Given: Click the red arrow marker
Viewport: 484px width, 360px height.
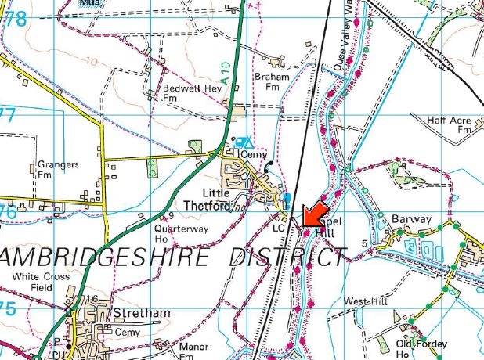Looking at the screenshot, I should tap(315, 213).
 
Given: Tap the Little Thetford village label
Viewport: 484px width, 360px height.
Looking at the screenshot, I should tap(227, 200).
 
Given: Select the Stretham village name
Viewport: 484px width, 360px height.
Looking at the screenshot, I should tap(142, 313).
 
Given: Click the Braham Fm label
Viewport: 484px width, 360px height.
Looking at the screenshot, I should tap(272, 82).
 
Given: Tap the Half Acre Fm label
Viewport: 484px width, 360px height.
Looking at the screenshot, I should tap(448, 125).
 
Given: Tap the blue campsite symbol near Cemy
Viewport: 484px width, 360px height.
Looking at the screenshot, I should tap(245, 142).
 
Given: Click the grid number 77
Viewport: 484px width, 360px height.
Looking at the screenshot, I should tap(7, 116).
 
